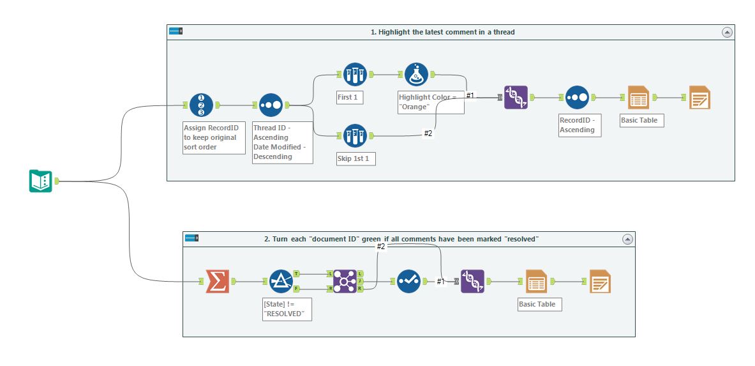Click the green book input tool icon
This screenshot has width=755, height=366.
tap(40, 181)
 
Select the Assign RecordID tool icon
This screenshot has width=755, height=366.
tap(201, 105)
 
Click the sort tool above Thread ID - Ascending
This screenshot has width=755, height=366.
tap(271, 105)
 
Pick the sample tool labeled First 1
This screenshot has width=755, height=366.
tap(354, 74)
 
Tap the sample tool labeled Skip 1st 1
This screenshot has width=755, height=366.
tap(354, 135)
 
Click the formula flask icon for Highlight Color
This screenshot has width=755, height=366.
tap(416, 74)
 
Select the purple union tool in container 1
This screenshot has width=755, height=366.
tap(516, 98)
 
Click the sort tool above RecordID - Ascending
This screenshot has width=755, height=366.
tap(577, 98)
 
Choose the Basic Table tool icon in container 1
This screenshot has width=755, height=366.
tap(638, 98)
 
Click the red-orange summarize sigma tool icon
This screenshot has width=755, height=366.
tap(217, 281)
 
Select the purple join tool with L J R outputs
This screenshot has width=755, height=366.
tap(345, 281)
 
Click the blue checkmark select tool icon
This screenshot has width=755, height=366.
tap(408, 281)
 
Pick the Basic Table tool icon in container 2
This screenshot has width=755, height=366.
tap(536, 281)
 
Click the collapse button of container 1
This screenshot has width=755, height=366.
tap(727, 32)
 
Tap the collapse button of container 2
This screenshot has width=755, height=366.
tap(627, 239)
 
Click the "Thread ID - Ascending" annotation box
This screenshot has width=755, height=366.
tap(282, 142)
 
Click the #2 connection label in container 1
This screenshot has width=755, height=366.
tap(428, 133)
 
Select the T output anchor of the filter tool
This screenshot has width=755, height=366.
tap(297, 273)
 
